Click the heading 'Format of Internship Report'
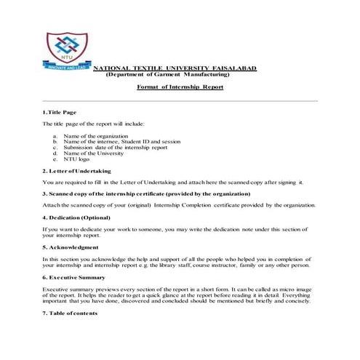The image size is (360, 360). [x=180, y=87]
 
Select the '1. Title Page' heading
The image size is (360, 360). [x=59, y=113]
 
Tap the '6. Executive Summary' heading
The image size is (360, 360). [x=75, y=276]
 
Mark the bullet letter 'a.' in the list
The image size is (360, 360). [x=55, y=136]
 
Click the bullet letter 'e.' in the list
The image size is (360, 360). [x=55, y=159]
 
